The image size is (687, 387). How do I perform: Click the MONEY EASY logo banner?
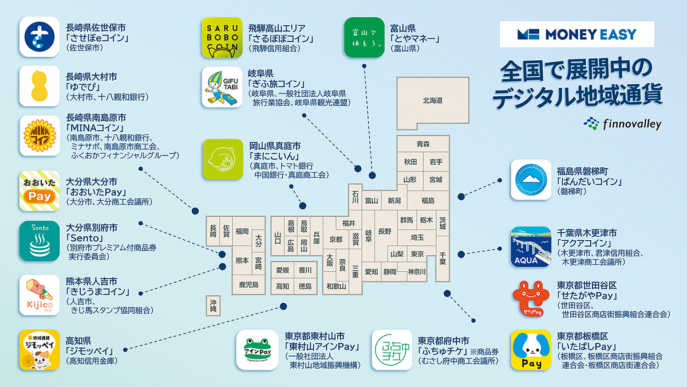tap(577, 34)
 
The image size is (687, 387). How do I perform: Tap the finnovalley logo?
tap(622, 123)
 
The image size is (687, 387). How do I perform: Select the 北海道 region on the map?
tap(433, 101)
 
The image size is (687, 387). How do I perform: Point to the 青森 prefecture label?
tap(423, 144)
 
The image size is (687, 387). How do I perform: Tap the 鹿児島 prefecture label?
tap(249, 284)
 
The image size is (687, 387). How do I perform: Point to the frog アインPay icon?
tap(257, 350)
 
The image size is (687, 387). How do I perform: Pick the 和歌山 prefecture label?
tap(336, 286)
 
